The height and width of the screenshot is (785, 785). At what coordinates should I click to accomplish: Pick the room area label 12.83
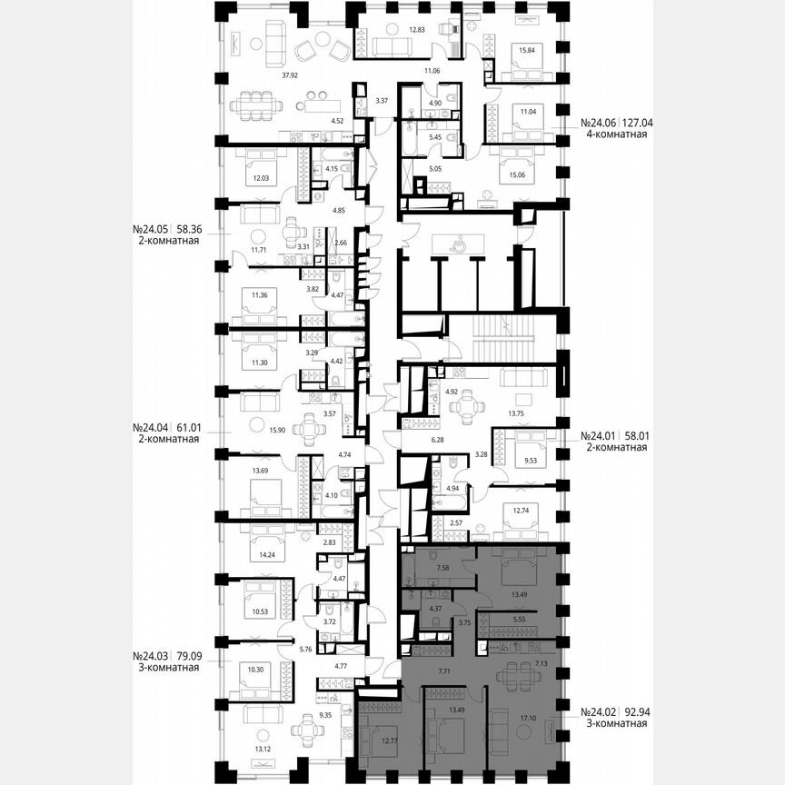pyautogui.click(x=417, y=29)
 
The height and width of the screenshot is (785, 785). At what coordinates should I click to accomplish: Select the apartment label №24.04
pyautogui.click(x=152, y=425)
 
